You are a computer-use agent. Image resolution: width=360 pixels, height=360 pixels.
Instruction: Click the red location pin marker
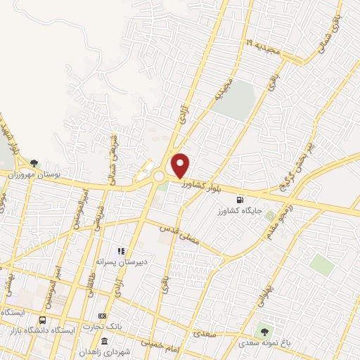pyautogui.click(x=181, y=165)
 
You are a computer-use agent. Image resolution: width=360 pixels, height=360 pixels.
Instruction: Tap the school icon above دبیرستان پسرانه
pyautogui.click(x=121, y=250)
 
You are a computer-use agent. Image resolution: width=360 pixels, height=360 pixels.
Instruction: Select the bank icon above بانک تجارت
pyautogui.click(x=103, y=316)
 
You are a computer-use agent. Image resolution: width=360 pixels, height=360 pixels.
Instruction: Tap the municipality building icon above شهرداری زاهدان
pyautogui.click(x=105, y=341)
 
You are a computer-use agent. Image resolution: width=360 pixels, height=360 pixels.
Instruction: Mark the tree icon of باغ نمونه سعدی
pyautogui.click(x=264, y=330)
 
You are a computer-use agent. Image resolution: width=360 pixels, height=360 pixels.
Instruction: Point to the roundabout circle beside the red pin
pyautogui.click(x=159, y=176)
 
